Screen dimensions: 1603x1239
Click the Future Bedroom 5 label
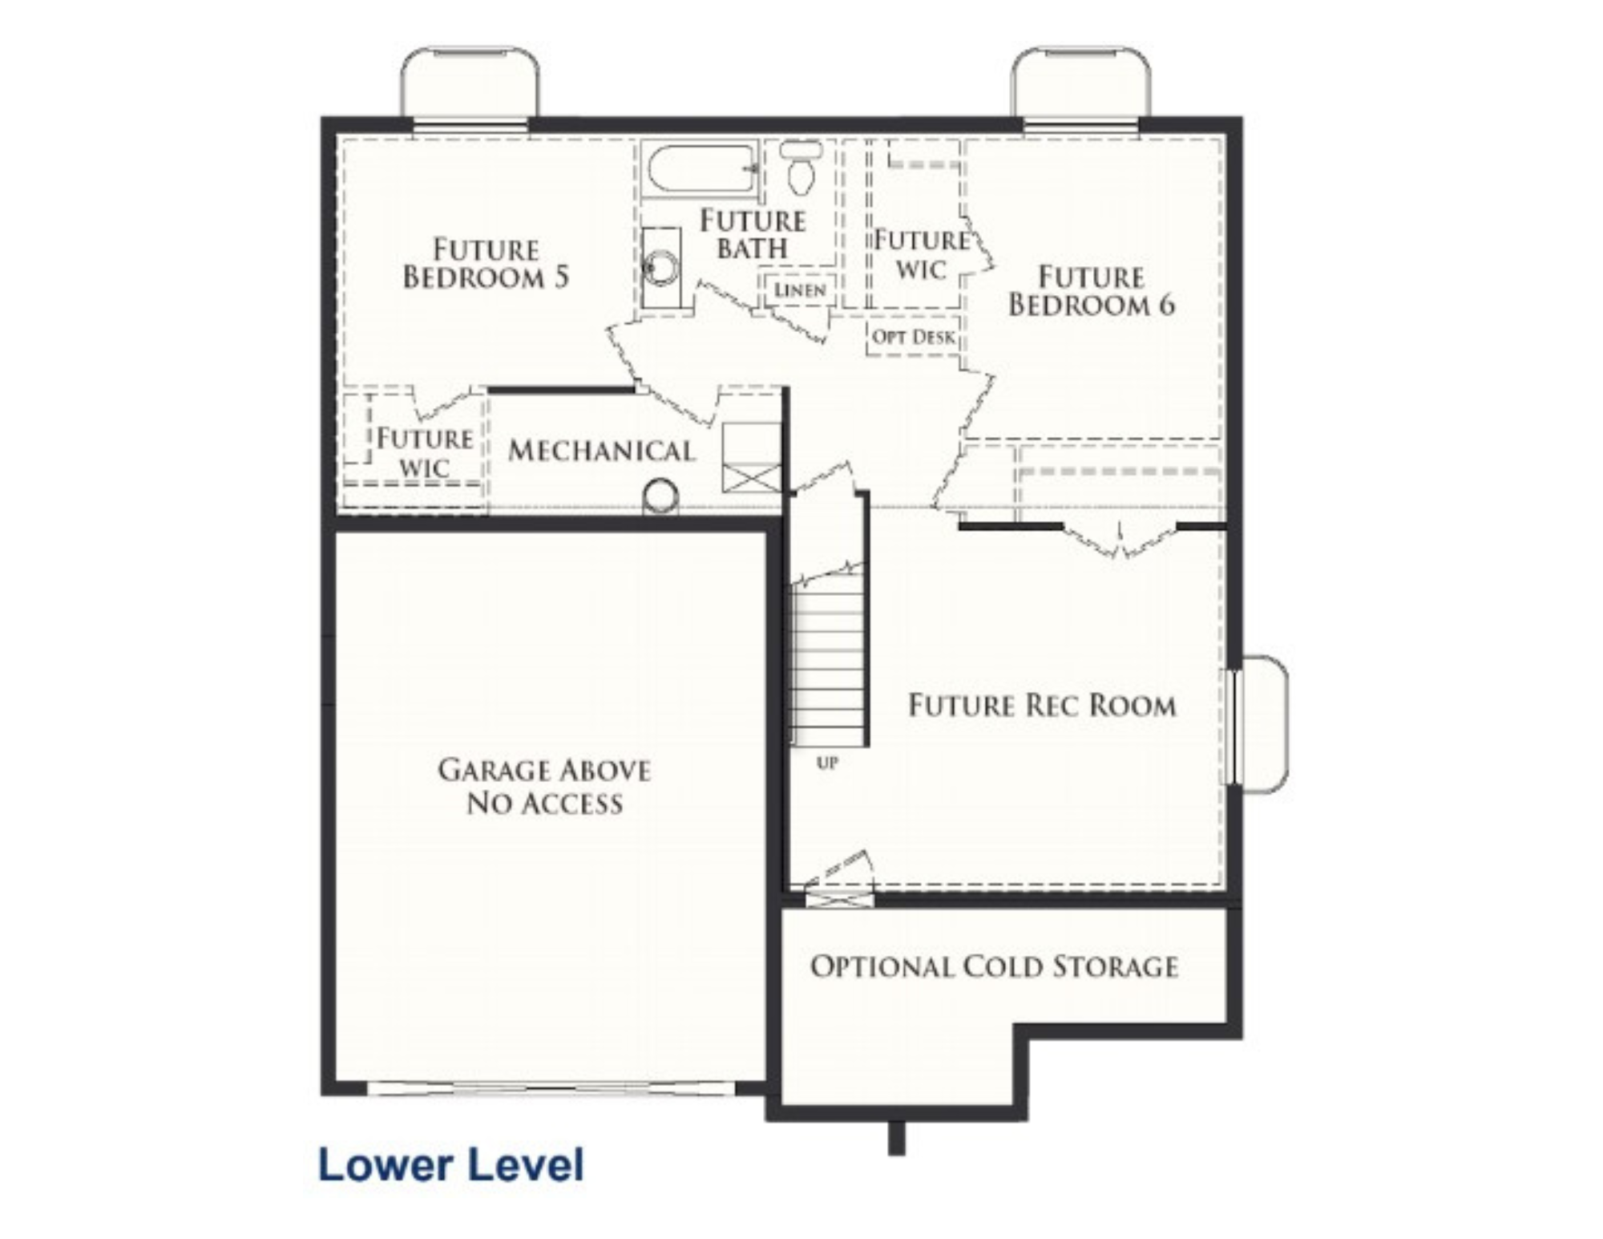(x=486, y=263)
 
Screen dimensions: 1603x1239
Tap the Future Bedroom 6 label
(x=1092, y=290)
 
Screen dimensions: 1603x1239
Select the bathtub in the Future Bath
(x=701, y=168)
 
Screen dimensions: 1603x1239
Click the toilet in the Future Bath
(x=801, y=167)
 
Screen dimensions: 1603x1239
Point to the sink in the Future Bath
(x=661, y=267)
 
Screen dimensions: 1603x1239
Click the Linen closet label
(x=800, y=290)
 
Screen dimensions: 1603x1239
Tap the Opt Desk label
(x=914, y=337)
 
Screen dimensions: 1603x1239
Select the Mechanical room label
(x=601, y=451)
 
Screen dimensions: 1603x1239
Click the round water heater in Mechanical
(x=661, y=496)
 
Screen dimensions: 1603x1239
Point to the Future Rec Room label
(x=1042, y=706)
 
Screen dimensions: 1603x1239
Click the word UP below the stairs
(x=827, y=763)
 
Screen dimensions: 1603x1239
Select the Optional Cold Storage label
(x=994, y=966)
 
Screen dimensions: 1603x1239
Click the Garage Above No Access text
(x=544, y=786)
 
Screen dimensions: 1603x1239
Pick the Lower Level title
(x=451, y=1164)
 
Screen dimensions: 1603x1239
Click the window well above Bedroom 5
(x=470, y=82)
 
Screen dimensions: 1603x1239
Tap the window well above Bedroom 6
(x=1080, y=82)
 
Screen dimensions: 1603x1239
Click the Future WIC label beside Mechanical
(x=424, y=452)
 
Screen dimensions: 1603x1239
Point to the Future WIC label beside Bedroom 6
(x=921, y=254)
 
